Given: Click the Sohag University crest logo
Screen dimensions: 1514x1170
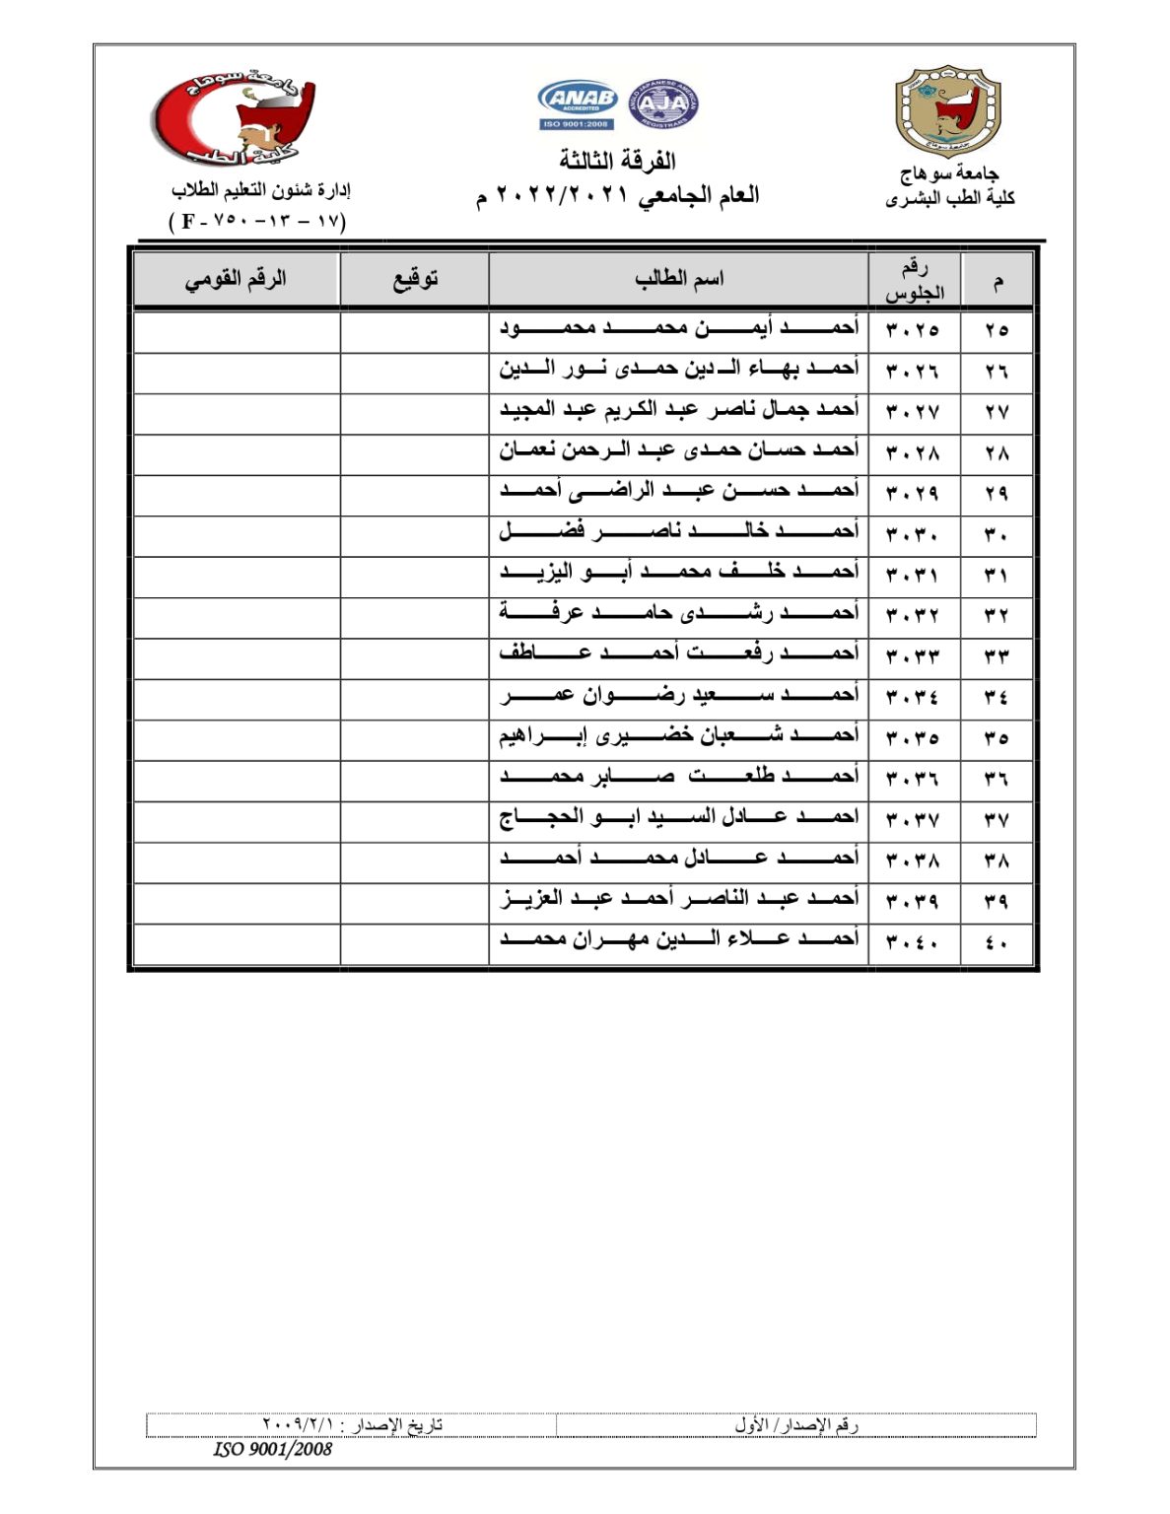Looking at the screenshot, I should [947, 111].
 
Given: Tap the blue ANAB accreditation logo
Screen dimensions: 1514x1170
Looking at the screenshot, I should [578, 103].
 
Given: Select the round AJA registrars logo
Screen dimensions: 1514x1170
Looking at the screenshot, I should [662, 103].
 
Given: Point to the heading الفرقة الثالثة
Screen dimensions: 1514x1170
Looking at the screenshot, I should [617, 160].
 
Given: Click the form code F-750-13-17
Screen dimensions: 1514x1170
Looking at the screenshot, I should [258, 221].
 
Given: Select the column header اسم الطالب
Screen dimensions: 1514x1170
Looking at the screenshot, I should [678, 279].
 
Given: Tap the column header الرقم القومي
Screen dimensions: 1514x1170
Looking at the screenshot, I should [236, 279].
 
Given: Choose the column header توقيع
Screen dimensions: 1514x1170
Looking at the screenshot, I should [414, 279].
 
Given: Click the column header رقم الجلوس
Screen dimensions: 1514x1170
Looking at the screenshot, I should [914, 280].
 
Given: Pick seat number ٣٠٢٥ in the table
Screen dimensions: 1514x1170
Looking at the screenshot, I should [913, 330].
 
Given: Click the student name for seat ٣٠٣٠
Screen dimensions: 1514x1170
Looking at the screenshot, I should [678, 532].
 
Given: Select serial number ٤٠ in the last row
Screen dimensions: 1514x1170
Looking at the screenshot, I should [996, 942].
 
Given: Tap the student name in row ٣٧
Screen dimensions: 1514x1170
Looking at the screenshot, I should [678, 818].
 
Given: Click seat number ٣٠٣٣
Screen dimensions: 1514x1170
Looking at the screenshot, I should [913, 655].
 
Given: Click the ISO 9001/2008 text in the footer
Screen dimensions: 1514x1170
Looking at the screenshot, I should [273, 1449].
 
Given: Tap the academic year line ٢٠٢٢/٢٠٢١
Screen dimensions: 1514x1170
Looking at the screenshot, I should [617, 195].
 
